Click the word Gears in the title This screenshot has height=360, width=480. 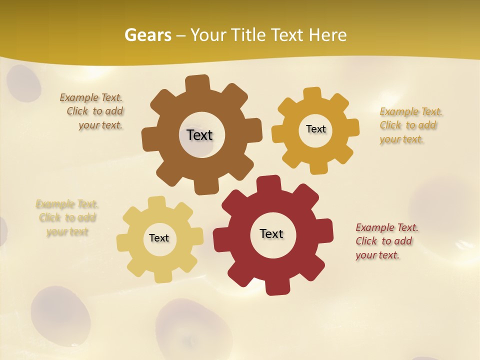pos(147,35)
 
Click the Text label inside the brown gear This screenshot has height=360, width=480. pos(199,135)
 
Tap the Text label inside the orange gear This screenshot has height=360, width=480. pos(315,129)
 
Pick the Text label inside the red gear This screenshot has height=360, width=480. pos(271,233)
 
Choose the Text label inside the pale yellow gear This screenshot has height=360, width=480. pos(159,238)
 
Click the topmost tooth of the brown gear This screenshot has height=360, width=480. pos(197,83)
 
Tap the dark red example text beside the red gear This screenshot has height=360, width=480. pos(386,241)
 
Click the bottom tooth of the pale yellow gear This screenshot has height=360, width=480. pos(162,275)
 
